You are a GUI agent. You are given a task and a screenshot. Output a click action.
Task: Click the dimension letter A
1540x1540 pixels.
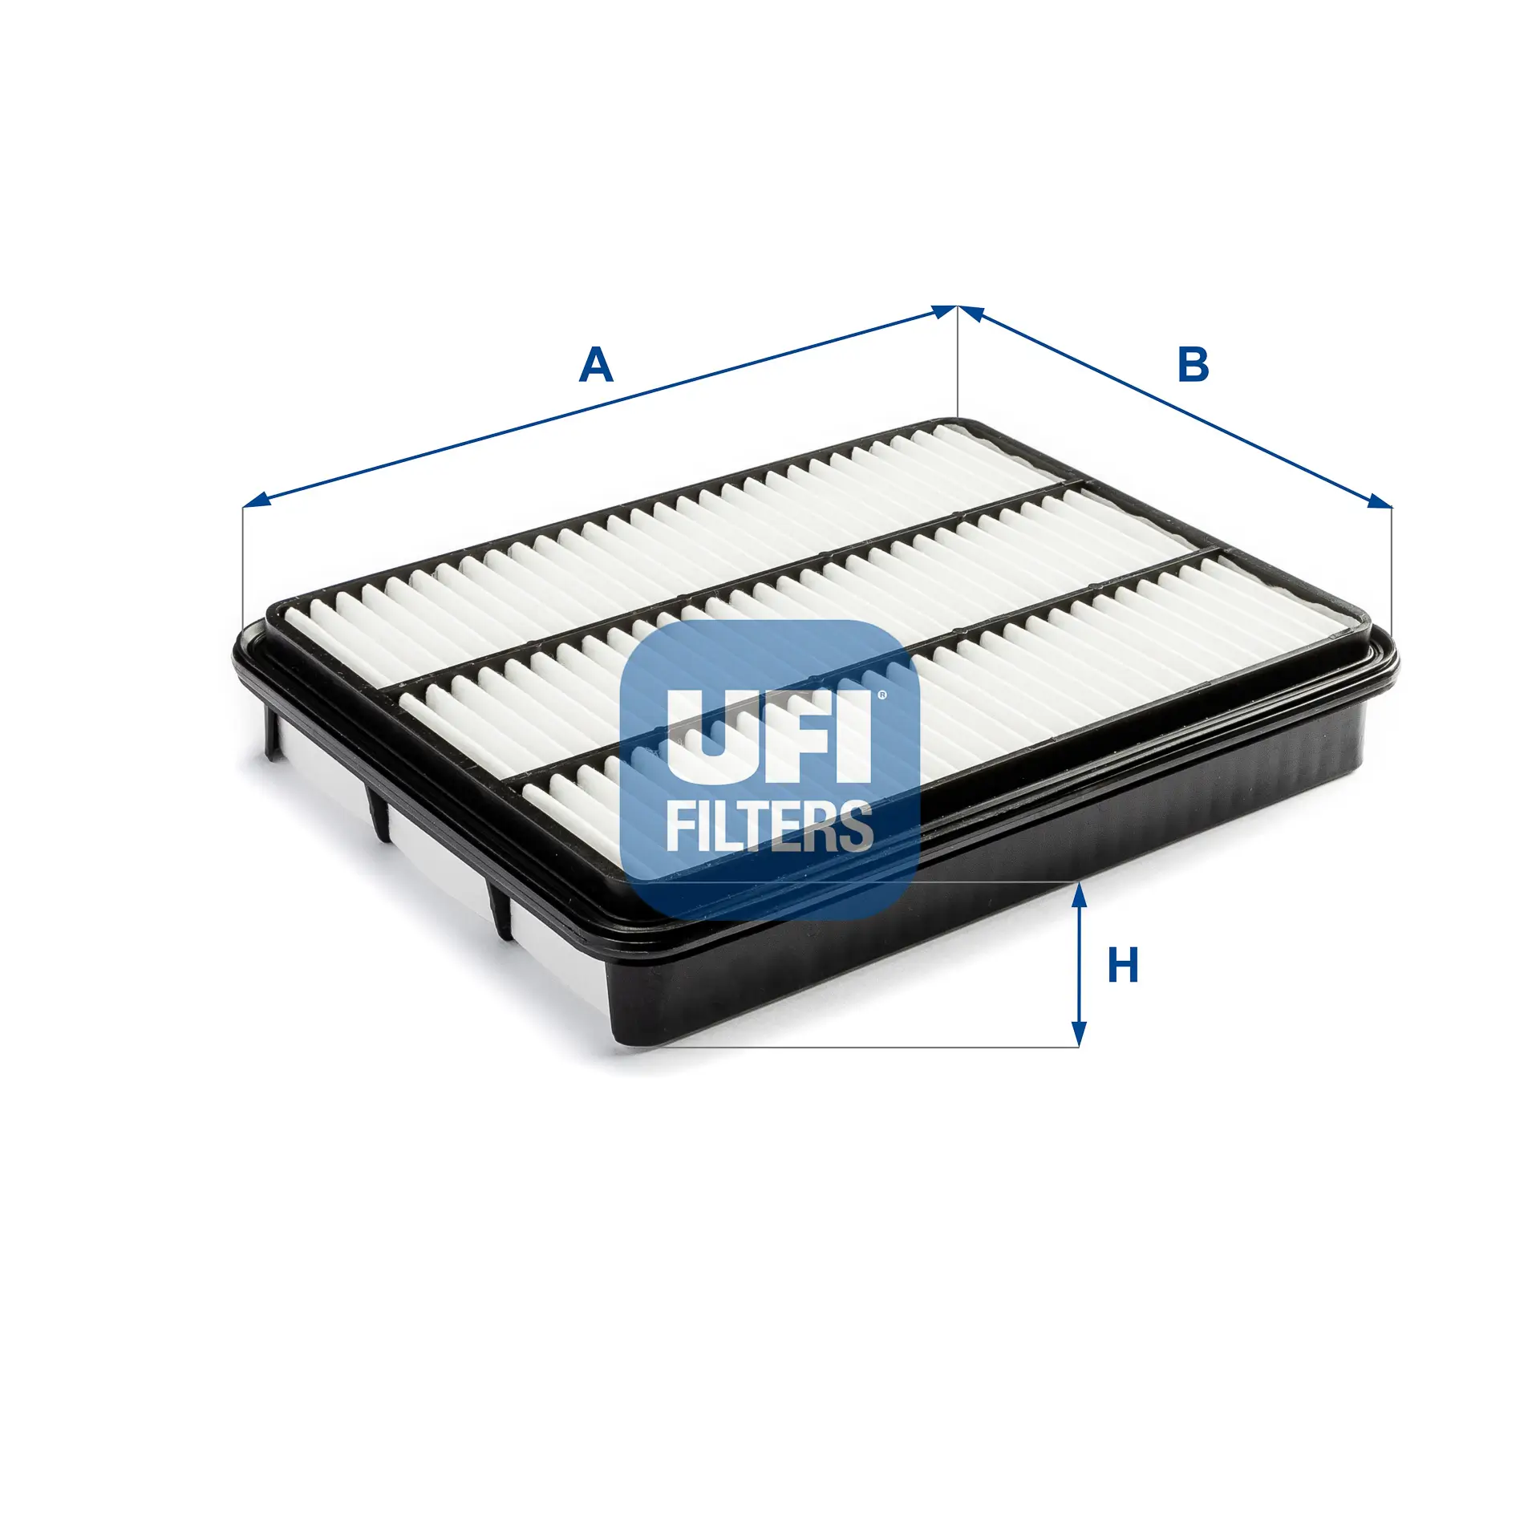596,366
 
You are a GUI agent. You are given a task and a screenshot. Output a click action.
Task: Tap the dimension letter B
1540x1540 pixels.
1193,365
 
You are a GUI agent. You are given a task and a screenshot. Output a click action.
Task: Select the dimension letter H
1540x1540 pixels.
1123,966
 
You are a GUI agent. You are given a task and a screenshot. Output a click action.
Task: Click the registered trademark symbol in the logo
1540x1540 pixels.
882,695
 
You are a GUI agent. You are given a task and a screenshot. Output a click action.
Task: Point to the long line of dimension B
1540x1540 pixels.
1171,405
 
